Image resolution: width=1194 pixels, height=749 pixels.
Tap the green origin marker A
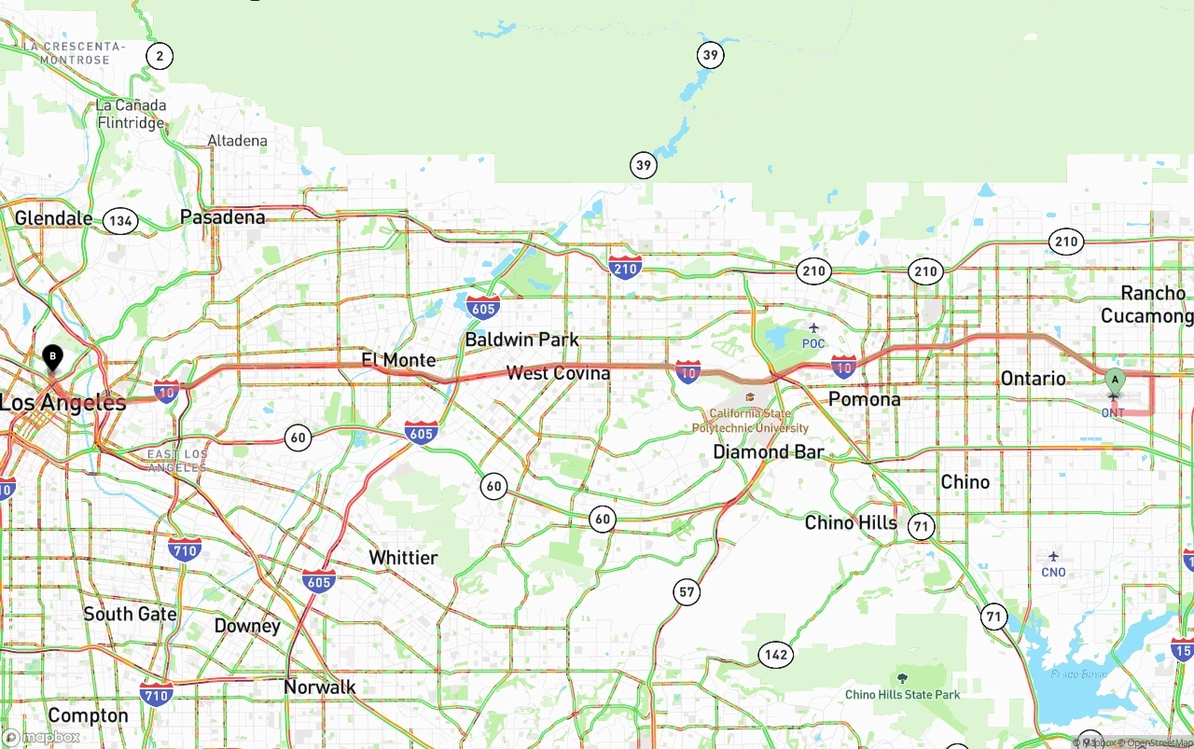pos(1115,380)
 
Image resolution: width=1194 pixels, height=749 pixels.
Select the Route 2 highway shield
pos(160,57)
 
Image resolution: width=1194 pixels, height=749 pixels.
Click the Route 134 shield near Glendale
pos(120,221)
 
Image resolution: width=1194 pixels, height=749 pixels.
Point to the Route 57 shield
pos(687,591)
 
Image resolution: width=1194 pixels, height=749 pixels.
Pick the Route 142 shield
pos(776,655)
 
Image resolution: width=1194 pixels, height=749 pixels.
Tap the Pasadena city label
pos(222,217)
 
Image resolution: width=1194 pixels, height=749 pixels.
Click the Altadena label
pos(237,141)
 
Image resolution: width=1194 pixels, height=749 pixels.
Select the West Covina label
pos(558,373)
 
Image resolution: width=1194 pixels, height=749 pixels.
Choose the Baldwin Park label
pos(521,340)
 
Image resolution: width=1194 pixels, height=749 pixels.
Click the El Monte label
pos(398,360)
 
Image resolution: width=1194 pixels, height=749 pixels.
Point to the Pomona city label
pos(865,399)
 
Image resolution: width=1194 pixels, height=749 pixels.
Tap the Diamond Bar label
pos(769,452)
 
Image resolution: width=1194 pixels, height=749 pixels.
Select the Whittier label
pos(403,558)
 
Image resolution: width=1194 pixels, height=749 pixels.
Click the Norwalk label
pos(320,687)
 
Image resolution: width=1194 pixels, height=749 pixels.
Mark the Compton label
pos(88,715)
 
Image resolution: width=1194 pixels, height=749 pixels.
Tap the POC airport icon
pos(813,327)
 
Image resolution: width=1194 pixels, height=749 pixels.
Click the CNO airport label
pos(1053,573)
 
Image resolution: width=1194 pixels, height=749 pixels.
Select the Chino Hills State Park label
pos(902,694)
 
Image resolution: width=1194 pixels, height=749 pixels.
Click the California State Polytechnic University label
pos(750,421)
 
